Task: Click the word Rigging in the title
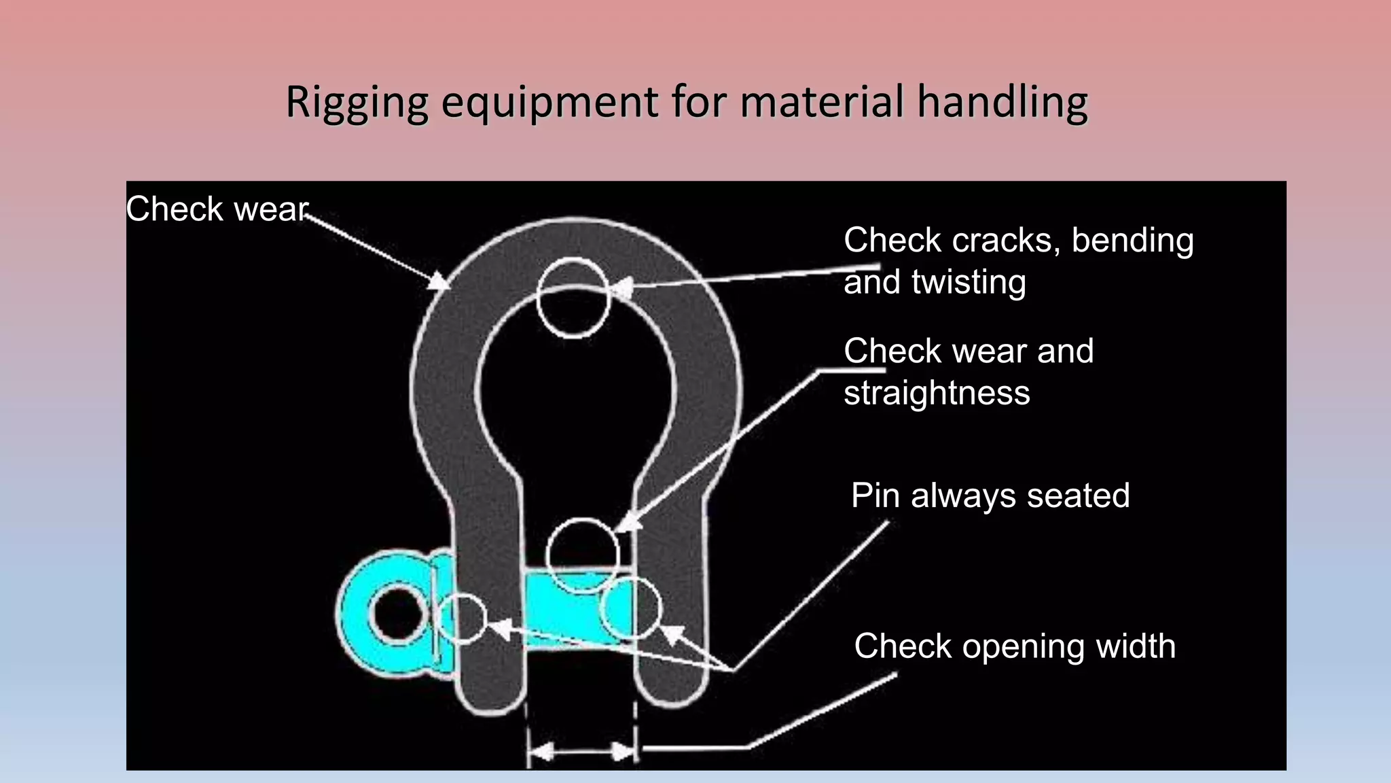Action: (x=357, y=103)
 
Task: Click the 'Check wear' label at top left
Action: (x=217, y=209)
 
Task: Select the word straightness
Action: (x=937, y=393)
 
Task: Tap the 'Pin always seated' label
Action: (x=990, y=495)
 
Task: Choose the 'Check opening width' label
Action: (x=1015, y=646)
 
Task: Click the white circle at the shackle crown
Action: (x=573, y=298)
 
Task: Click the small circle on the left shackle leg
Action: (x=462, y=618)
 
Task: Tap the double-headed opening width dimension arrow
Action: (x=583, y=752)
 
